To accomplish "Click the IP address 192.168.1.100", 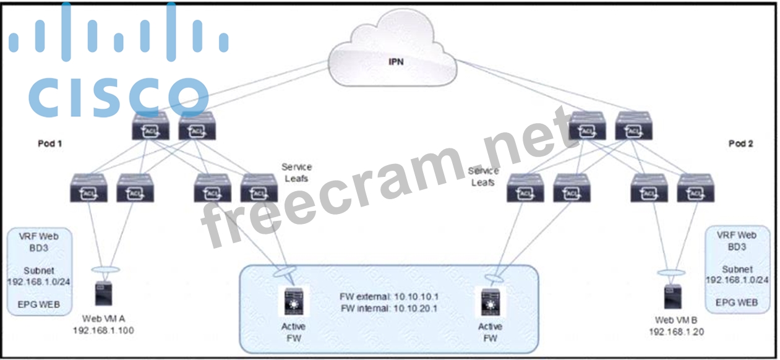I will (103, 331).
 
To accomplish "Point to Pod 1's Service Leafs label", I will (296, 173).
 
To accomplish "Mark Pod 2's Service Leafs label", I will (483, 177).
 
